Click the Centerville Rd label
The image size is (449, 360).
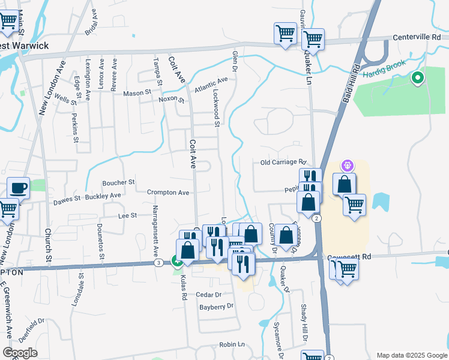coord(417,37)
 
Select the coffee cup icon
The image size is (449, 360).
coord(18,188)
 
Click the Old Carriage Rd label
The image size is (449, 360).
coord(283,163)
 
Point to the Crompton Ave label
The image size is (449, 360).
coord(168,193)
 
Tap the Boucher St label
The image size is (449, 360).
coord(118,182)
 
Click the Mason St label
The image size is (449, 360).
coord(137,93)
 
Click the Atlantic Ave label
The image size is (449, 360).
coord(211,85)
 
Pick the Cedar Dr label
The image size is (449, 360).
coord(209,295)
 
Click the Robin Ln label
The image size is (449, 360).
coord(232,344)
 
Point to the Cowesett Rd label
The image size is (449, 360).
coord(349,257)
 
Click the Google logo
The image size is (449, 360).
coord(20,353)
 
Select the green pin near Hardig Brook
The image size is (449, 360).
coord(417,78)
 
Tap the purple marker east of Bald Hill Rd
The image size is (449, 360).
coord(348,164)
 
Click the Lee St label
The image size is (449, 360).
coord(128,215)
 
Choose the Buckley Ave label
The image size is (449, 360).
coord(103,196)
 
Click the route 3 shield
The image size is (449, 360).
coord(158,263)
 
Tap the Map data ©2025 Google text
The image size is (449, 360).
coord(411,355)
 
